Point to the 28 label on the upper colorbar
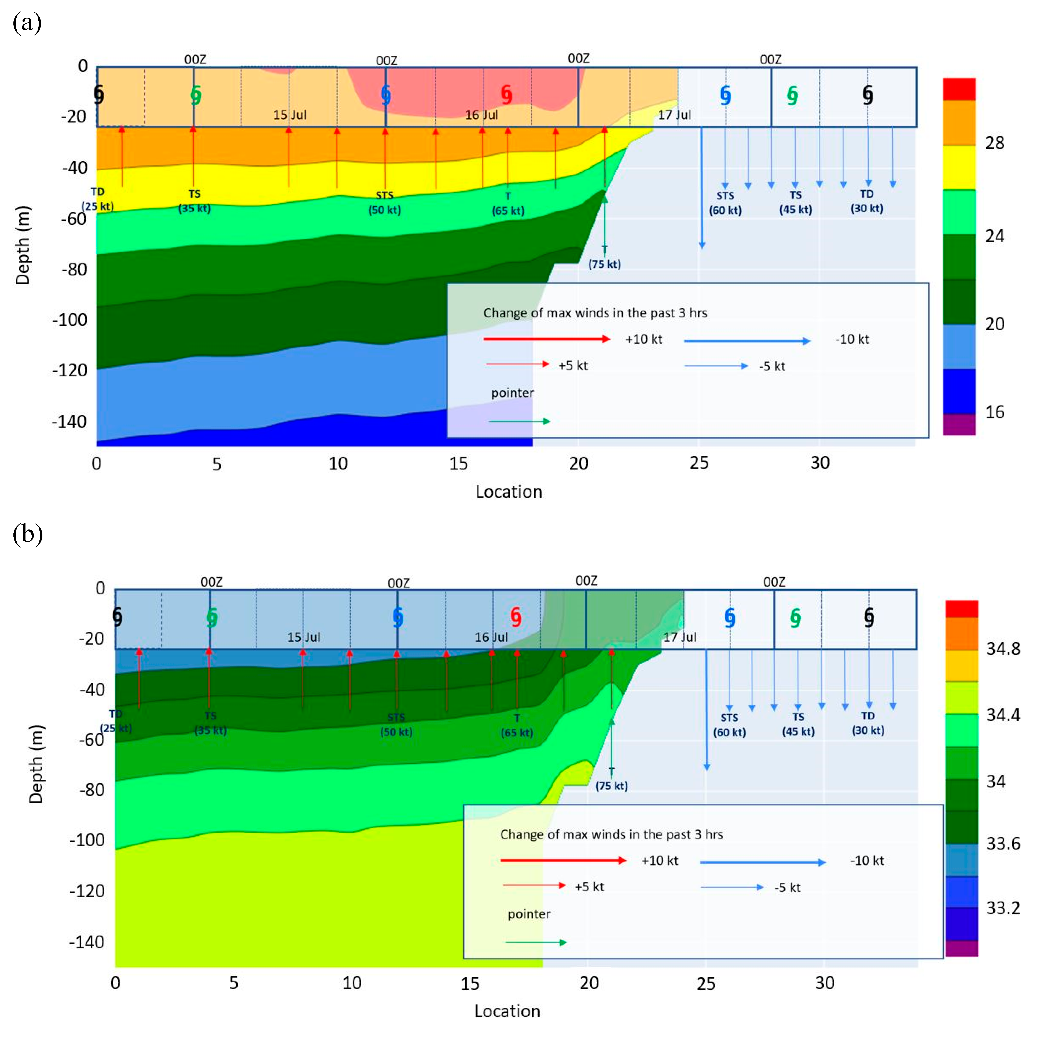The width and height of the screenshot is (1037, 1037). coord(995,143)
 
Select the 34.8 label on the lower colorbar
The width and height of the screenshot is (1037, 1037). coord(1003,648)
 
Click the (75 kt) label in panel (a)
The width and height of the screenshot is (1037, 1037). coord(604,264)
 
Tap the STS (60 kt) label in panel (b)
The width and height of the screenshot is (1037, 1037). coord(729,725)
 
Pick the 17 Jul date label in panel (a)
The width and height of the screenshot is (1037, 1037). coord(674,115)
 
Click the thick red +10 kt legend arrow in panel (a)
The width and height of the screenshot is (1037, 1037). coord(546,339)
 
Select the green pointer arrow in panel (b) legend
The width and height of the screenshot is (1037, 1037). coord(536,942)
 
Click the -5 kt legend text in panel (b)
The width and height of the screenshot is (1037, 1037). coord(787,887)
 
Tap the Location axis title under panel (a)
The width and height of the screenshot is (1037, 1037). coord(508,492)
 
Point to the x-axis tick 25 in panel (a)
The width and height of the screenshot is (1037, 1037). coord(699,463)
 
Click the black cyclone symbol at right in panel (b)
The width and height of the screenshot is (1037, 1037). coord(869,617)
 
